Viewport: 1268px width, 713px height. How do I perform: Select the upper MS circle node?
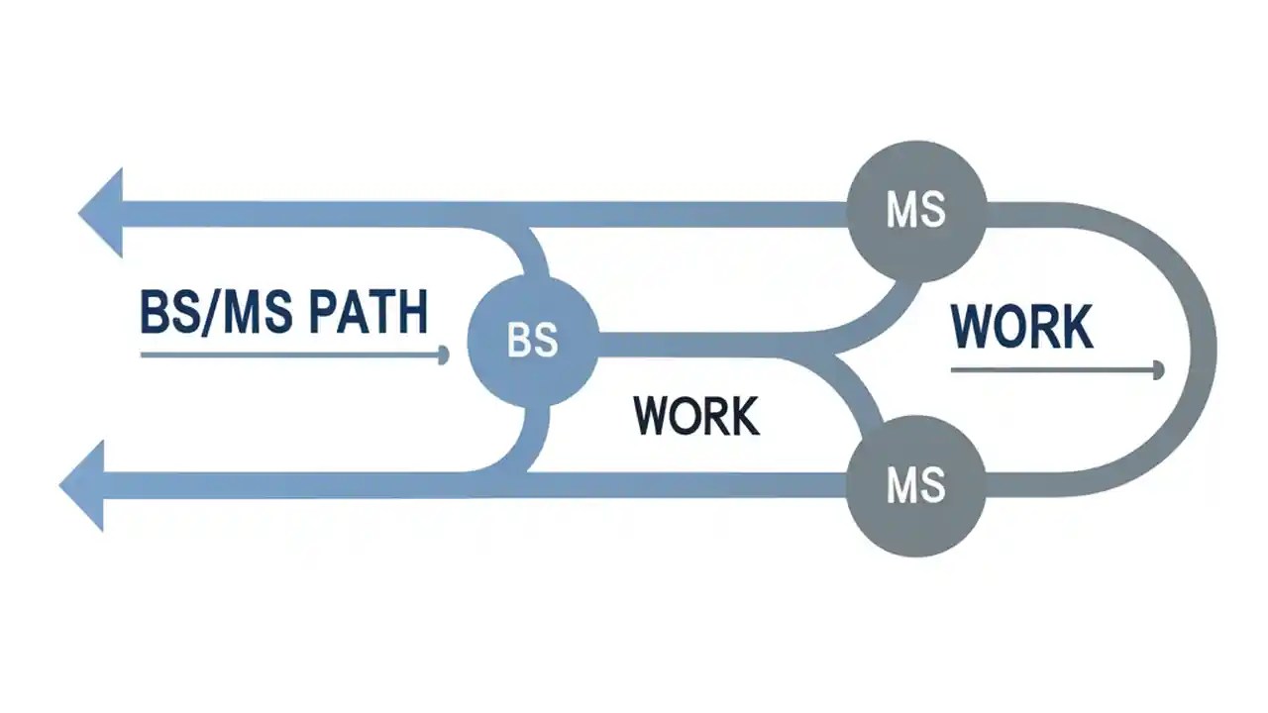click(916, 211)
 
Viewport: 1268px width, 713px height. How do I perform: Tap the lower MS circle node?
click(916, 484)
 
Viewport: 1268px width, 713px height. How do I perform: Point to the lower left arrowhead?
click(85, 485)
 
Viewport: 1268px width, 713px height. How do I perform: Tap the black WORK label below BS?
click(696, 416)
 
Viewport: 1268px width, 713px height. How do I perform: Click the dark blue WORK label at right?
click(1021, 327)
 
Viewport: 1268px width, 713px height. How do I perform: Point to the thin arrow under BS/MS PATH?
click(292, 354)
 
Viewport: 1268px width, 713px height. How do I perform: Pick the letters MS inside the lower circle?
click(916, 485)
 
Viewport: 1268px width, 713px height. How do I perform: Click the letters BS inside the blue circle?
click(533, 341)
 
